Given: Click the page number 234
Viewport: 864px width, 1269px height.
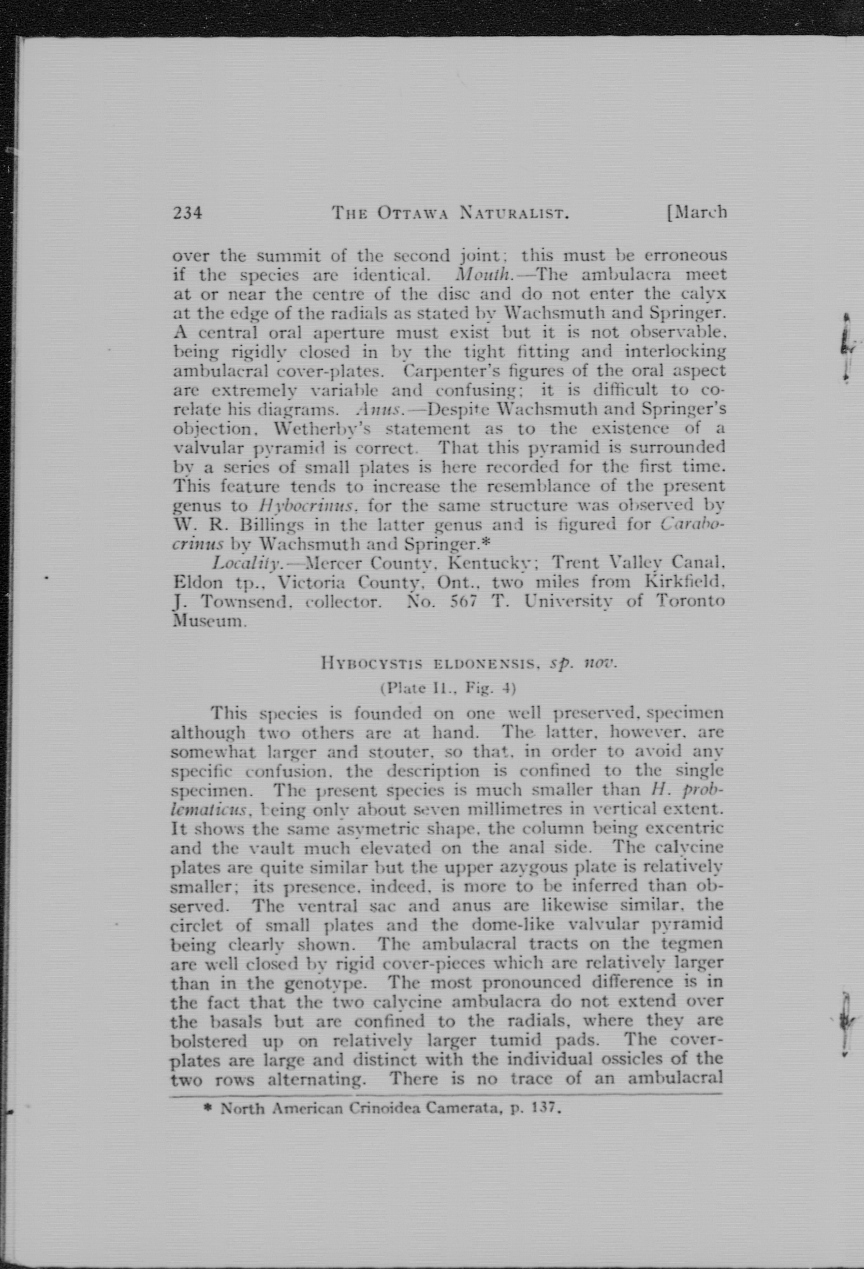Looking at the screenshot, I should click(x=187, y=212).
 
